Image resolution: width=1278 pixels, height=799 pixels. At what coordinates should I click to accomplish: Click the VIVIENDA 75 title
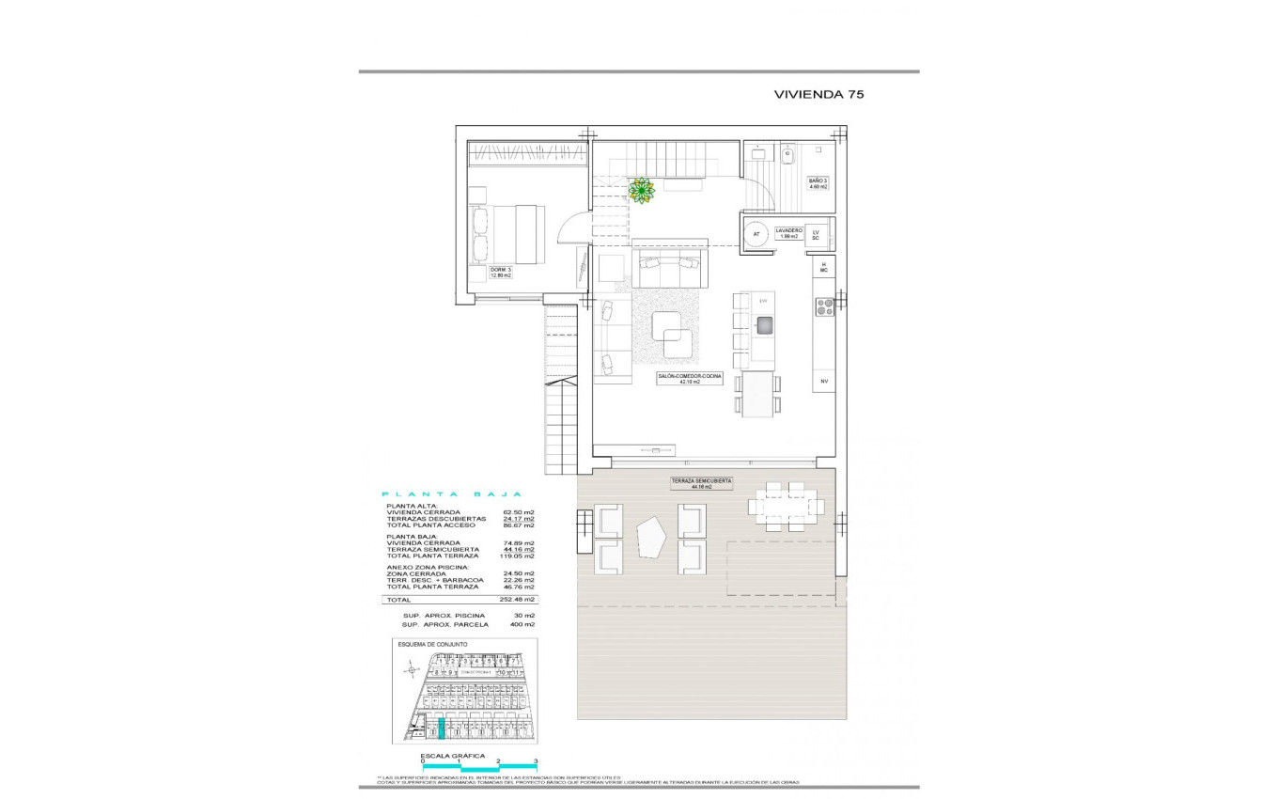click(818, 94)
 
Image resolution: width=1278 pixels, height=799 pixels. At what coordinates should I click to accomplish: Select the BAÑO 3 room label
click(818, 183)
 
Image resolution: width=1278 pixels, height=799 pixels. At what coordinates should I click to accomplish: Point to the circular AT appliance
click(756, 234)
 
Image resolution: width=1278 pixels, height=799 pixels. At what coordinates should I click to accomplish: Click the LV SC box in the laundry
click(816, 234)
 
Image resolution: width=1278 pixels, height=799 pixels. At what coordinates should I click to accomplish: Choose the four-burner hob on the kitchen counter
click(824, 305)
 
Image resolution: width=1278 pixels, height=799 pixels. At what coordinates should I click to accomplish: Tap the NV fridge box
click(824, 381)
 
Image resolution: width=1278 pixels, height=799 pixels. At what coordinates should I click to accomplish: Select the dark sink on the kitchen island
click(764, 325)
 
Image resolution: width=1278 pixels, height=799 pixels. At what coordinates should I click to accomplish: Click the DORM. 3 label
click(500, 273)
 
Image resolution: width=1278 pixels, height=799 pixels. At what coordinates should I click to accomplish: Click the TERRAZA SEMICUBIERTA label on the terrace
click(701, 483)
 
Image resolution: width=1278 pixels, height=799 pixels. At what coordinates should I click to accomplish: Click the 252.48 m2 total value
click(516, 599)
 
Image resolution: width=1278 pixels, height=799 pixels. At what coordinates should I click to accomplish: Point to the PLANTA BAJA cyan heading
click(451, 493)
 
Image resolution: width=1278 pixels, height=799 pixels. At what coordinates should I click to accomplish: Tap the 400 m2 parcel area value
click(522, 624)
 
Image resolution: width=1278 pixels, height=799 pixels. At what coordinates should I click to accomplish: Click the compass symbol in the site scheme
click(409, 670)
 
